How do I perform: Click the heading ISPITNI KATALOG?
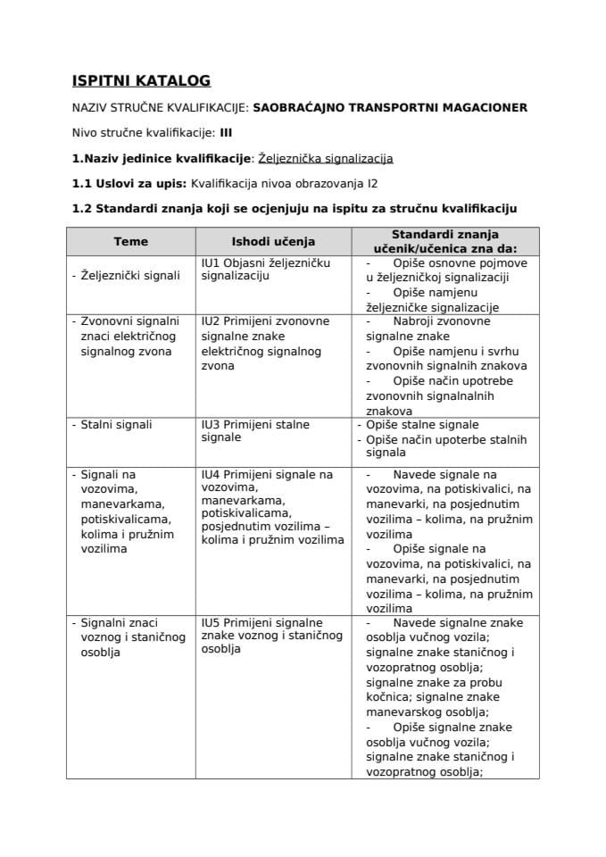[141, 81]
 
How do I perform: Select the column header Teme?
[131, 241]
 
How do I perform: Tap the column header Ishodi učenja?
[273, 241]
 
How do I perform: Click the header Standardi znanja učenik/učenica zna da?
[446, 241]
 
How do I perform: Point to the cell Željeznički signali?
[128, 276]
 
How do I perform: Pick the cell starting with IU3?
[255, 431]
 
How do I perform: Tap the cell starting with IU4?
[272, 506]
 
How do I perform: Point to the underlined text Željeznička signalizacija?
[325, 159]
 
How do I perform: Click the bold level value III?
[226, 133]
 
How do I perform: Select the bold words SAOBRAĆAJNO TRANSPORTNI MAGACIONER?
[390, 107]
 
